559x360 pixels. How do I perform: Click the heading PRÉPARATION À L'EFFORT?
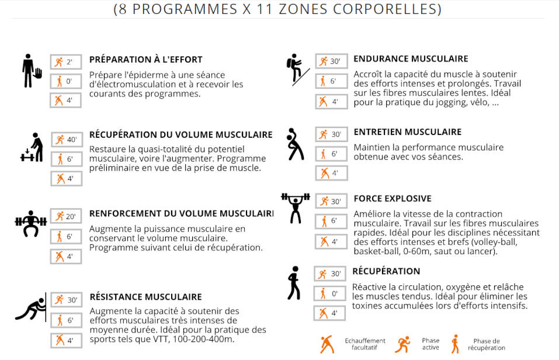(x=145, y=60)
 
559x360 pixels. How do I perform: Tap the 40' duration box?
(x=66, y=140)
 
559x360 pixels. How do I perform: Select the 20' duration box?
(x=66, y=217)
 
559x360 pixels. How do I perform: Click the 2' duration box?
(x=65, y=62)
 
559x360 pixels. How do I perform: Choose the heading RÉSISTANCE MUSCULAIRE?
(x=145, y=297)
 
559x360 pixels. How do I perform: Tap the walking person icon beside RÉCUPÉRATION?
(x=293, y=283)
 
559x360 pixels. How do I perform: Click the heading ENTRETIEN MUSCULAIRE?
(x=407, y=132)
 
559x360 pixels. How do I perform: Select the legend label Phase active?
(x=430, y=344)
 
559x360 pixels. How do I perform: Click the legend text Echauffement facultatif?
(x=365, y=344)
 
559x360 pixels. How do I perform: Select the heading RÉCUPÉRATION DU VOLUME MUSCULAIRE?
(x=180, y=135)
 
